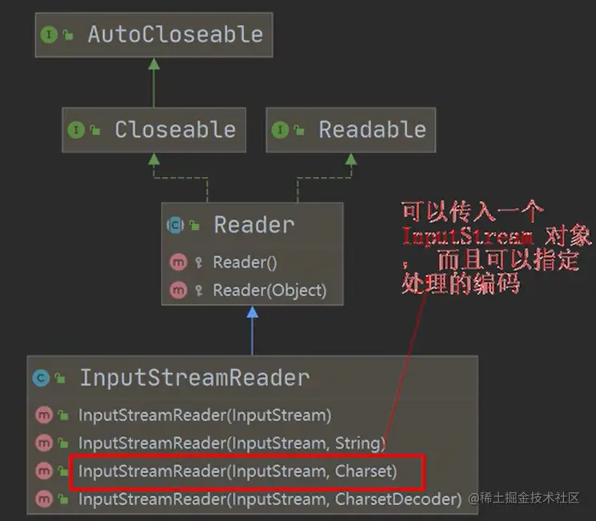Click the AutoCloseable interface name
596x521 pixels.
(x=174, y=34)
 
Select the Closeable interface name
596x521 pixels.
(x=174, y=130)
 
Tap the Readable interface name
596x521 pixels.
(x=372, y=130)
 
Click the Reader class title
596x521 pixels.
(x=254, y=226)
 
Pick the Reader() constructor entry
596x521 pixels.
(x=245, y=263)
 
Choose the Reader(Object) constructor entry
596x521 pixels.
(x=269, y=291)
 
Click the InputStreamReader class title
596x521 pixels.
(x=194, y=379)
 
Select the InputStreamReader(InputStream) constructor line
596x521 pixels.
(x=204, y=415)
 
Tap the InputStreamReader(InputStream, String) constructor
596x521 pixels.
(x=231, y=443)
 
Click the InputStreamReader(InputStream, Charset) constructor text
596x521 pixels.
(x=237, y=471)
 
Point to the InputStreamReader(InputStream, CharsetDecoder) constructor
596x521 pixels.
(x=270, y=499)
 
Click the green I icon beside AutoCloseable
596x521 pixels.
(x=49, y=35)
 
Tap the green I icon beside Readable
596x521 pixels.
(x=280, y=130)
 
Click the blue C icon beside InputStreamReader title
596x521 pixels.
(x=41, y=379)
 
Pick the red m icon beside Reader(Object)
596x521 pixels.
(x=178, y=291)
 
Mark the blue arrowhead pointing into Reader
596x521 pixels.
(x=253, y=311)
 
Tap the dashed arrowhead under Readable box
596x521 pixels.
(x=350, y=158)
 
